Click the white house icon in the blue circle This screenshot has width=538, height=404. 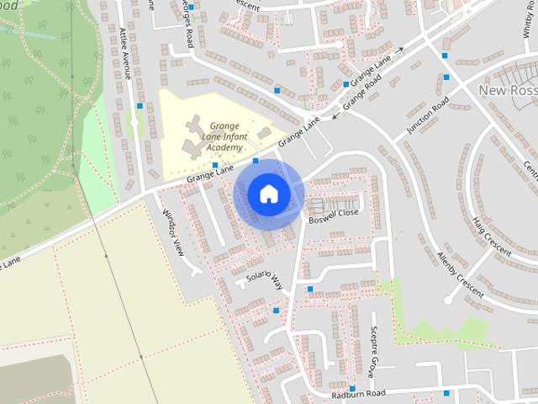267,194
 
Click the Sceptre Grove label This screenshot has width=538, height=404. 372,349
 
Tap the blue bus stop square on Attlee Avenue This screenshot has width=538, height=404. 139,106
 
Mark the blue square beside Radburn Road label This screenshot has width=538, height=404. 446,392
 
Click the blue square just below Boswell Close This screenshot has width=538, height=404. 310,290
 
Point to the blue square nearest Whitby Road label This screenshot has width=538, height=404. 446,77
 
